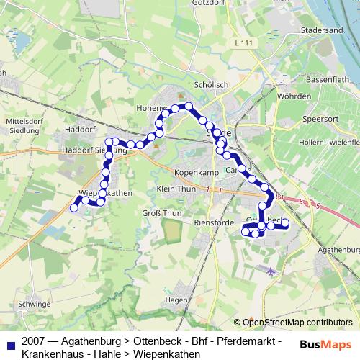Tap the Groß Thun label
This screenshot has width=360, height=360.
(162, 213)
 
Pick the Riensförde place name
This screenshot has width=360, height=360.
(214, 223)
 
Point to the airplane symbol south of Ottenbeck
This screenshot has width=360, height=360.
(270, 272)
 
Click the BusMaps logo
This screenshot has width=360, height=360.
(325, 344)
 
